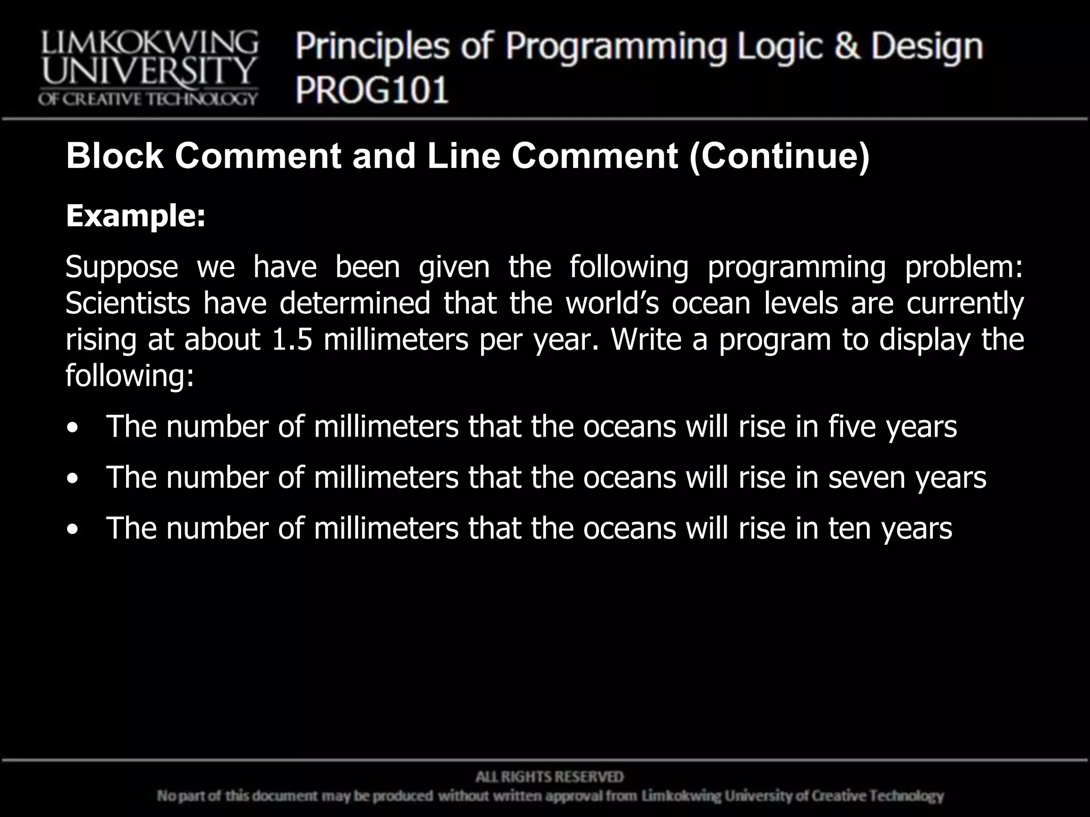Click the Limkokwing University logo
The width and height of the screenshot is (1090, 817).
(x=148, y=68)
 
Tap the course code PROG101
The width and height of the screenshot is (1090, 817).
(x=372, y=89)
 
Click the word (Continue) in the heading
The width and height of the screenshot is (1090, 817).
(x=779, y=157)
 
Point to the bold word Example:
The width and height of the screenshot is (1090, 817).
(x=135, y=216)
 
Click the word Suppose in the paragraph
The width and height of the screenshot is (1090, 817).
(x=122, y=267)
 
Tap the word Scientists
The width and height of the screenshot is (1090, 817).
(x=128, y=303)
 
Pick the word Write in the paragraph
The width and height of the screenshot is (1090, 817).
(x=646, y=339)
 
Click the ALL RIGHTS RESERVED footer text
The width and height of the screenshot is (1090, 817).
(x=549, y=777)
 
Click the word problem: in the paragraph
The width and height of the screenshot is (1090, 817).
(x=964, y=267)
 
